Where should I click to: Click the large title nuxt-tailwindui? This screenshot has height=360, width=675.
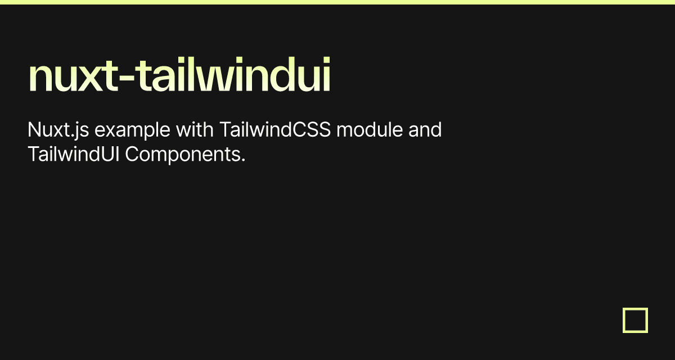point(179,76)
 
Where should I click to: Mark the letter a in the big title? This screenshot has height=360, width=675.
point(168,79)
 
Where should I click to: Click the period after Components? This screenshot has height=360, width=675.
point(243,160)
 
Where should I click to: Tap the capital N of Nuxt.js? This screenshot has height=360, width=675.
point(34,130)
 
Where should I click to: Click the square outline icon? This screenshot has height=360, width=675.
point(635,320)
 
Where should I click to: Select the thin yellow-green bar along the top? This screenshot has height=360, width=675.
point(337,2)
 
